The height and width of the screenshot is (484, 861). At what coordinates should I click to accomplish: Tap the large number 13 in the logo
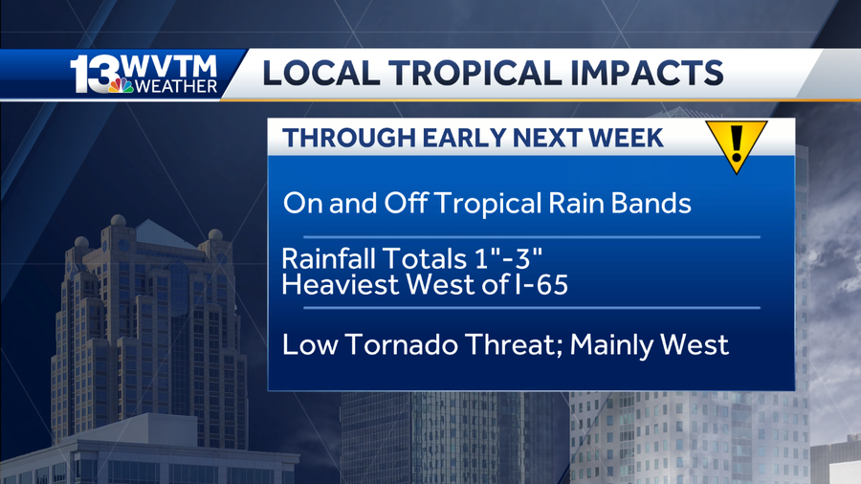click(x=94, y=75)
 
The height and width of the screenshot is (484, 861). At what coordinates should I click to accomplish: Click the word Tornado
click(x=390, y=344)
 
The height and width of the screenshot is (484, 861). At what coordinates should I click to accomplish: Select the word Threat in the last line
click(x=511, y=344)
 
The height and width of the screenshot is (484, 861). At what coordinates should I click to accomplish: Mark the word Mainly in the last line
click(x=613, y=344)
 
